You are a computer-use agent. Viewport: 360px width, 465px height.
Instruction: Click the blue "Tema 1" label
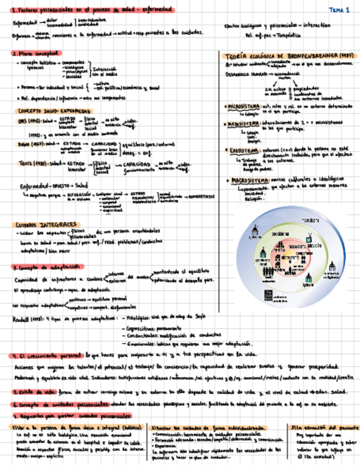pos(339,10)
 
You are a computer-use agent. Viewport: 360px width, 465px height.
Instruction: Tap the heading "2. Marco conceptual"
pos(35,54)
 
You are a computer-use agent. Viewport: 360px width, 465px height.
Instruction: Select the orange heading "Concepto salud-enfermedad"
pos(53,111)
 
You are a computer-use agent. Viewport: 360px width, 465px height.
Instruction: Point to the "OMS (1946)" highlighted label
pos(27,121)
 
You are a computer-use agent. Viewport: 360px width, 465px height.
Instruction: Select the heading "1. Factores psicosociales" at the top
pos(91,10)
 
